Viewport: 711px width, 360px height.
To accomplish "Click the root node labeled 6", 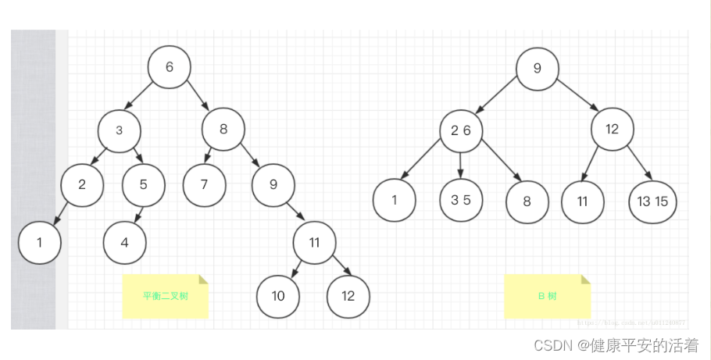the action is (x=170, y=67).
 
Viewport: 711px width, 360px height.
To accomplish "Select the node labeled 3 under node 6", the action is (x=119, y=130).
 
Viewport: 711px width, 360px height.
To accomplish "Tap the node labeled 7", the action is (x=204, y=185).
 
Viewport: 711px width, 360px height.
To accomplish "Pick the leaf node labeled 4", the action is (x=124, y=242).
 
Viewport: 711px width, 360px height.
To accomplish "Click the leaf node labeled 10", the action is (x=278, y=296).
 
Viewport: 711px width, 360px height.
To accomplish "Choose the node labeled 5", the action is (x=144, y=185).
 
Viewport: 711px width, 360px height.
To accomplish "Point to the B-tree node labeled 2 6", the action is (x=461, y=130).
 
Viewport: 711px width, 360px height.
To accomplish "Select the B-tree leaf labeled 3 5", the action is (x=461, y=200).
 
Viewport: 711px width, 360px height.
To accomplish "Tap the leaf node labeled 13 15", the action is (x=652, y=201).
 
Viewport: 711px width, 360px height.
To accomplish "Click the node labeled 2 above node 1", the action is (x=82, y=185).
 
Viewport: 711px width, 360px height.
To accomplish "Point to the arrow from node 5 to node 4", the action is (x=138, y=213).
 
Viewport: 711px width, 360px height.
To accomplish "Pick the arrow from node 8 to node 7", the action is (x=209, y=155).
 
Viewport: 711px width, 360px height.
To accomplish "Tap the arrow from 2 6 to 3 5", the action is (x=460, y=164).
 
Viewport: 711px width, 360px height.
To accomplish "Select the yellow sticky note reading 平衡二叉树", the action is (x=166, y=297).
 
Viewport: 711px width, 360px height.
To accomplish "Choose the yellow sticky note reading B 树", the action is (x=547, y=297).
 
